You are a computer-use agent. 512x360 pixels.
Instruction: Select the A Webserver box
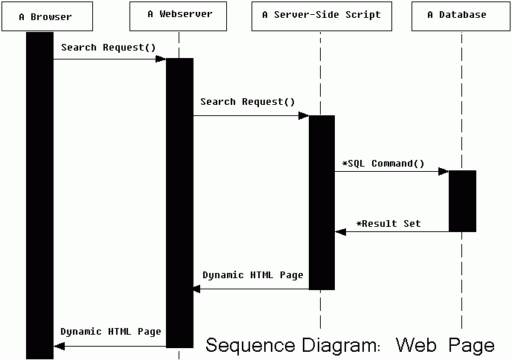tap(179, 16)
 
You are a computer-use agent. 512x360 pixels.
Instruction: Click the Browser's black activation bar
tap(39, 193)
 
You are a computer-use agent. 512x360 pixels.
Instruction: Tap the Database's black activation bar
tap(462, 201)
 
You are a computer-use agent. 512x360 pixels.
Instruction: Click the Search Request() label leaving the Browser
tap(109, 48)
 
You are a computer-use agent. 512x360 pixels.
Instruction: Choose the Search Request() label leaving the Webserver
tap(248, 102)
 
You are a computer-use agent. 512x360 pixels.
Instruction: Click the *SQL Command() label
tap(383, 163)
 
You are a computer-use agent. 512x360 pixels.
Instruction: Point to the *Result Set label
tap(388, 223)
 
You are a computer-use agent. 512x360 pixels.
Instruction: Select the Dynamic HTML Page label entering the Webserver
tap(253, 275)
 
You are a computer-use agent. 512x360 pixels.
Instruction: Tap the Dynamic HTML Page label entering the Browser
tap(111, 332)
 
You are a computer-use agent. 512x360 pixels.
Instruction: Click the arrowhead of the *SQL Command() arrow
tap(443, 172)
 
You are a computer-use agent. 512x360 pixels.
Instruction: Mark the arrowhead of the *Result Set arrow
tap(341, 232)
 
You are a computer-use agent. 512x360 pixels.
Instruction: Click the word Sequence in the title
tap(249, 345)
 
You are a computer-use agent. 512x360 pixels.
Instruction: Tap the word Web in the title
tap(415, 345)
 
